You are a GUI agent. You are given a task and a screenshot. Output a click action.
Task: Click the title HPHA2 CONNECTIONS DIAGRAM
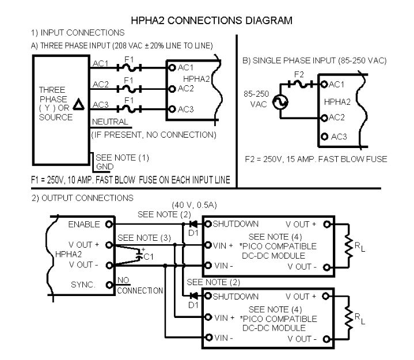[x=212, y=20]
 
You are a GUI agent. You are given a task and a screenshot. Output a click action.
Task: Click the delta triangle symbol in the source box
[x=79, y=102]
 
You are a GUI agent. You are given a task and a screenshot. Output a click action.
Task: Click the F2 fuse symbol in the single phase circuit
[x=300, y=84]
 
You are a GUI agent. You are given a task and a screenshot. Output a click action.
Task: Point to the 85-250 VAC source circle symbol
[x=283, y=103]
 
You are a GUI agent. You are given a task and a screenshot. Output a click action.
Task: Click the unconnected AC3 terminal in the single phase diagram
[x=325, y=137]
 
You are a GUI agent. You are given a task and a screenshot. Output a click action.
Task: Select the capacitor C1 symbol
[x=140, y=255]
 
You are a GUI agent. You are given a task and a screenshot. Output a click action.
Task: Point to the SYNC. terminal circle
[x=108, y=285]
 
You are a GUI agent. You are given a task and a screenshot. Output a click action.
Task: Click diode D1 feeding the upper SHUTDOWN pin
[x=193, y=223]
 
